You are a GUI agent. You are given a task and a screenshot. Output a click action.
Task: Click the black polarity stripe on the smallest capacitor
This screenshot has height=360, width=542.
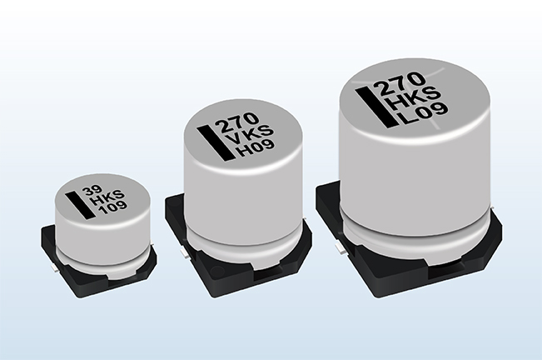pos(80,206)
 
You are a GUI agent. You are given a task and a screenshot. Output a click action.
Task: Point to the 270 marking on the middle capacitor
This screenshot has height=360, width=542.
pos(238,122)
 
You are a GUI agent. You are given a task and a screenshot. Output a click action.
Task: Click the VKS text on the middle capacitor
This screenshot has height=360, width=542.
pos(249,136)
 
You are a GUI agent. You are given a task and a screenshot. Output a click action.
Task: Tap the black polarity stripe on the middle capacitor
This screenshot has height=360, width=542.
pos(216,143)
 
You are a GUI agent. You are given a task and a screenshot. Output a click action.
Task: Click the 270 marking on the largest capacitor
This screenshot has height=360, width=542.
pos(401,84)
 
